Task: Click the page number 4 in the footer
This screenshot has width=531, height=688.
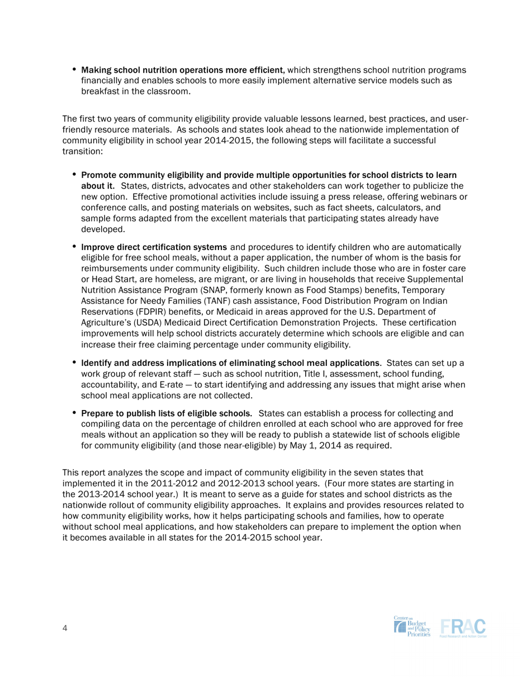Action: [x=65, y=629]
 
